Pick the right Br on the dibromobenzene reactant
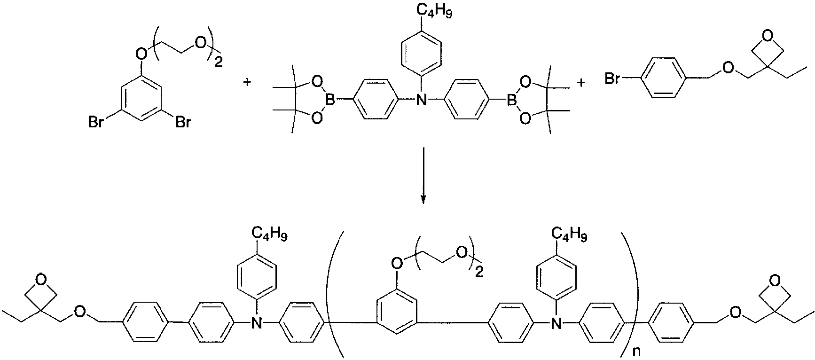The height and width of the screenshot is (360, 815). pyautogui.click(x=182, y=123)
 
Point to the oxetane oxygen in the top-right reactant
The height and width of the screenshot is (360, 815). pyautogui.click(x=768, y=35)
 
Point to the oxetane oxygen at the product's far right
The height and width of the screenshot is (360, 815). pyautogui.click(x=775, y=281)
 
